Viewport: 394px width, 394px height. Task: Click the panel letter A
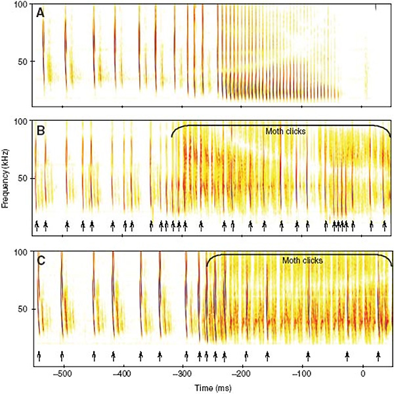tap(41, 12)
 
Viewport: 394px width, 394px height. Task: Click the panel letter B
tap(41, 130)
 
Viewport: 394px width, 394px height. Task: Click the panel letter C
tap(41, 261)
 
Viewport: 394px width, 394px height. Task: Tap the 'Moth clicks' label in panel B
tap(286, 131)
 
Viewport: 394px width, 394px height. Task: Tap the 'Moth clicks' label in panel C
tap(303, 261)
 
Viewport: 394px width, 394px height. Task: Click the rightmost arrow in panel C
tap(378, 355)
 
